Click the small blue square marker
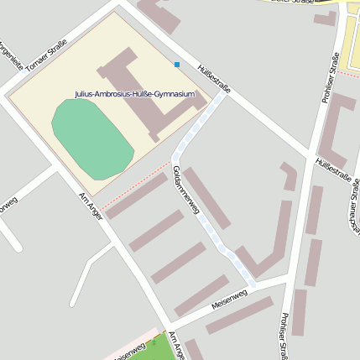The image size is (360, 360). (x=177, y=64)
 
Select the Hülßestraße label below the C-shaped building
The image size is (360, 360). (x=332, y=170)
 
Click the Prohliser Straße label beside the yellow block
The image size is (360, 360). (x=331, y=78)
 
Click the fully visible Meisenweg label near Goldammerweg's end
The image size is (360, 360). (x=228, y=298)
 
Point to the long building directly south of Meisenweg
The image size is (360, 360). (x=239, y=316)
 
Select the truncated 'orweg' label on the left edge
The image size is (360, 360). (x=7, y=204)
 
